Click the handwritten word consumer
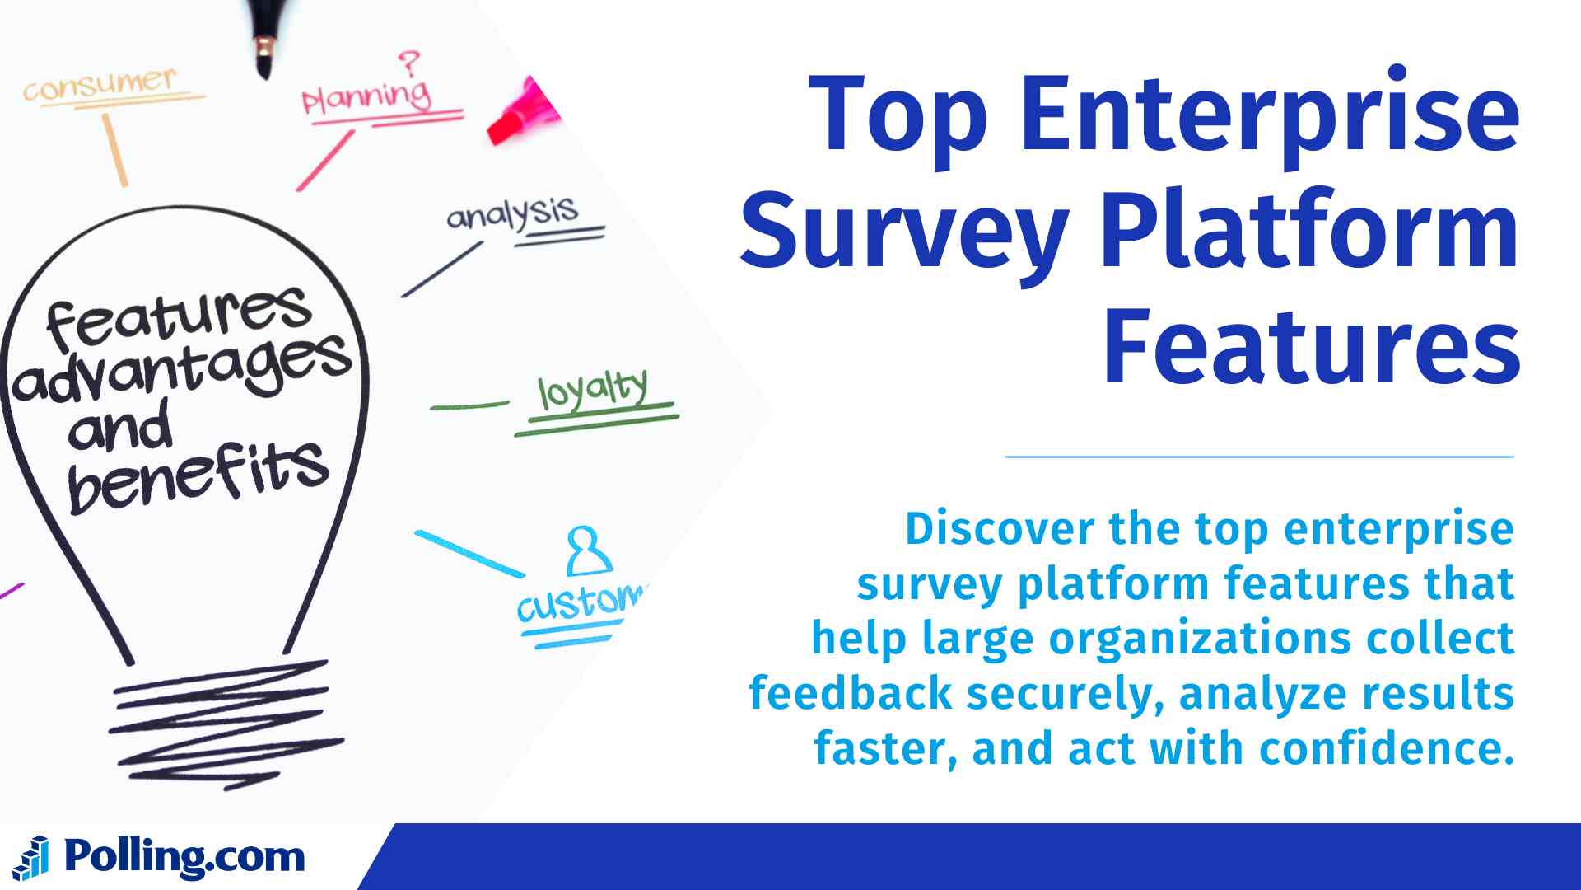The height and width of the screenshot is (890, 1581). click(100, 84)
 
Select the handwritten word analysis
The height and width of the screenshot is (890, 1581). click(512, 213)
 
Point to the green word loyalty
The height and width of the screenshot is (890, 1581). click(593, 390)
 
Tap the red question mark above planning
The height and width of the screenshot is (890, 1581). click(408, 62)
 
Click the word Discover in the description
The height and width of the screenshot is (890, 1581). click(1000, 529)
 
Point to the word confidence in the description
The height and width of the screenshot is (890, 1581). click(1387, 749)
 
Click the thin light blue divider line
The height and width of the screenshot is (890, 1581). click(1259, 456)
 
